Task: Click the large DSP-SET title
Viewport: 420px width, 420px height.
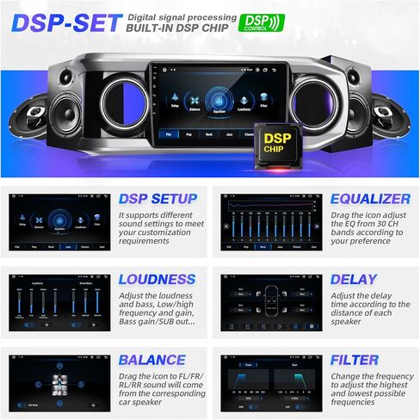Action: point(65,22)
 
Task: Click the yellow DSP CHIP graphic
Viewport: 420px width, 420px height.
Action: point(276,144)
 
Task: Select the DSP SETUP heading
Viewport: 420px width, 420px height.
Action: point(157,199)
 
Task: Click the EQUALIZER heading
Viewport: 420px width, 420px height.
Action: point(370,199)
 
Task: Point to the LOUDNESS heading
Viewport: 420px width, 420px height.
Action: point(157,279)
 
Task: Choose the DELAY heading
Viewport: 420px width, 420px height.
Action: point(353,279)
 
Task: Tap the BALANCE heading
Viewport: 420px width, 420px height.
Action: point(151,360)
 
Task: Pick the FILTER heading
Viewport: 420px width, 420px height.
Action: point(353,360)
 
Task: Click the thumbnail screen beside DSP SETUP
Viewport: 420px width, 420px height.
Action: point(59,221)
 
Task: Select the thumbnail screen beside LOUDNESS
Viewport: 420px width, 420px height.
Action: point(59,302)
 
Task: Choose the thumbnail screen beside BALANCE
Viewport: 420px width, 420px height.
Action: point(59,382)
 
